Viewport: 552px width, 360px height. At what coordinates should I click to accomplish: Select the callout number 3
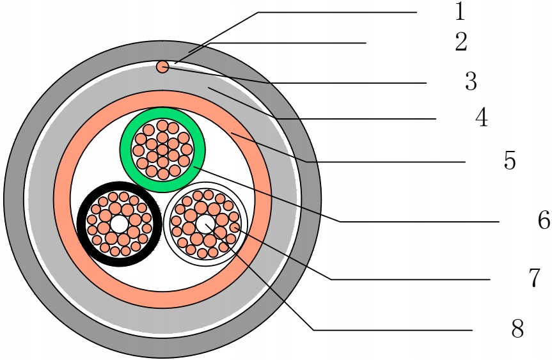[x=471, y=81]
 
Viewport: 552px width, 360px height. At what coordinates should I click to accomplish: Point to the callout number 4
[x=481, y=118]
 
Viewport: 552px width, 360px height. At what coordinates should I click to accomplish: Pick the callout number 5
[x=509, y=160]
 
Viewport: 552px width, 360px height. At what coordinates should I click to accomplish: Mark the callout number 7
[x=535, y=278]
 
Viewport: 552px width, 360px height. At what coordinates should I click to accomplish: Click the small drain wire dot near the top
[x=162, y=67]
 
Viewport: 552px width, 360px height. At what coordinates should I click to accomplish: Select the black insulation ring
[x=83, y=224]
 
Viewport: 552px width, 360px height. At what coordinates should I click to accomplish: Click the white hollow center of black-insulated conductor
[x=119, y=224]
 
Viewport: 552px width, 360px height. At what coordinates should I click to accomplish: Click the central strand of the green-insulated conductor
[x=162, y=149]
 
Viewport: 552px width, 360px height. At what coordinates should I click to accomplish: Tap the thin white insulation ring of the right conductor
[x=168, y=224]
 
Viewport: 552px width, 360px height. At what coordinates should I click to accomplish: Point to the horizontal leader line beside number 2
[x=288, y=43]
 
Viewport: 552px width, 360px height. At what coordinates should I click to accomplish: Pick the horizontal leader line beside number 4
[x=358, y=119]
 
